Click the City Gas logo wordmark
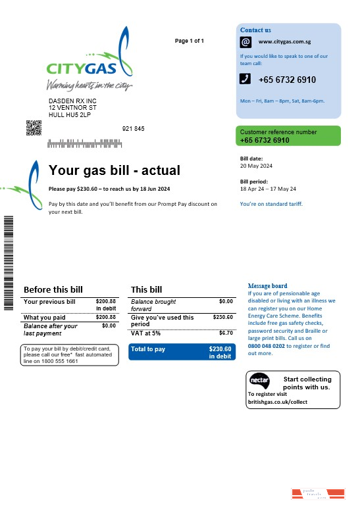pyautogui.click(x=82, y=68)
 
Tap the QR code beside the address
pyautogui.click(x=34, y=128)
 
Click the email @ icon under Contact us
pyautogui.click(x=245, y=41)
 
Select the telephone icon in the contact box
pyautogui.click(x=245, y=79)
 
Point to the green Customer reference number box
pyautogui.click(x=289, y=135)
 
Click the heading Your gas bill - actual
pyautogui.click(x=114, y=171)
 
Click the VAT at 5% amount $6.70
pyautogui.click(x=225, y=333)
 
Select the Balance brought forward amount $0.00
pyautogui.click(x=226, y=301)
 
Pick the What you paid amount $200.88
pyautogui.click(x=105, y=317)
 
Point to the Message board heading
pyautogui.click(x=267, y=286)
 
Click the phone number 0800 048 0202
pyautogui.click(x=267, y=345)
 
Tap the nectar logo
pyautogui.click(x=259, y=381)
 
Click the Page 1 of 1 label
pyautogui.click(x=189, y=41)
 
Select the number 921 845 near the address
pyautogui.click(x=133, y=128)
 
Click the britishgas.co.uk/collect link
pyautogui.click(x=278, y=401)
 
